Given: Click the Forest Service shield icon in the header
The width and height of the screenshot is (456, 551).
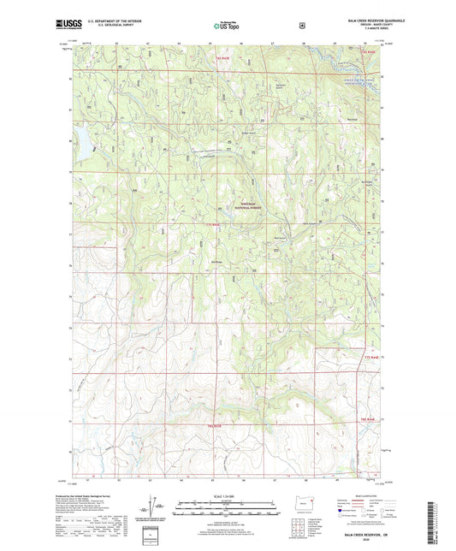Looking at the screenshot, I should tap(301, 26).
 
